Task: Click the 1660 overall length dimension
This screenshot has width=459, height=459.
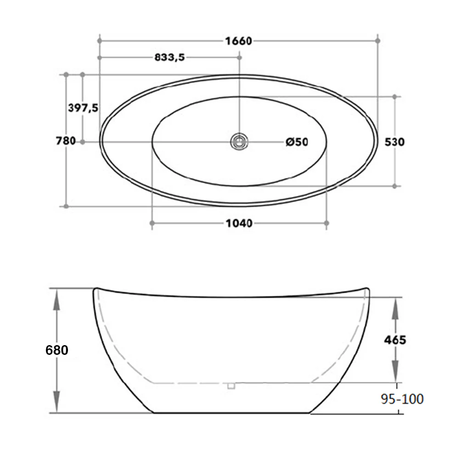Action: click(238, 41)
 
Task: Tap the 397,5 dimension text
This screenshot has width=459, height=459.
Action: click(83, 108)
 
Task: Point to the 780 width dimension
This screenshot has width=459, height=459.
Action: click(66, 141)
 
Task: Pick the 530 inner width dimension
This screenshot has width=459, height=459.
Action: click(394, 142)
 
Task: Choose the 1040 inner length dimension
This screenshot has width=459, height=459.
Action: click(239, 224)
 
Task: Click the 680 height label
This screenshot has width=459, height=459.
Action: click(57, 350)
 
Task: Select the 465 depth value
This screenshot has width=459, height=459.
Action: click(395, 340)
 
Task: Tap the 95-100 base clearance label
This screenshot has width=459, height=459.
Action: click(403, 399)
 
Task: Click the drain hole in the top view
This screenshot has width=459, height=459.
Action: click(239, 141)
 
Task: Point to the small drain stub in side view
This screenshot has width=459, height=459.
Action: click(231, 386)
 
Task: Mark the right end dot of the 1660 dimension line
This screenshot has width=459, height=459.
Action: click(378, 41)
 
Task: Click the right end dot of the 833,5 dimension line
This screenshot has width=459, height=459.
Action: click(239, 57)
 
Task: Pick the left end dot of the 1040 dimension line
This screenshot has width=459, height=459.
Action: click(152, 223)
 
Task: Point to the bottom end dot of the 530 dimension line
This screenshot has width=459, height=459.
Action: click(394, 186)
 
